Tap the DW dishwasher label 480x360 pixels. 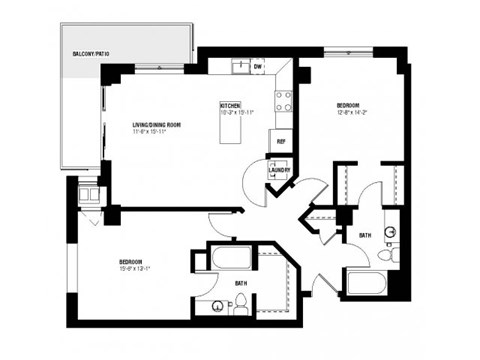(257, 66)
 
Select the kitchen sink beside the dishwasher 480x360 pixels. (240, 67)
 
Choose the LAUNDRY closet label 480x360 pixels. (279, 169)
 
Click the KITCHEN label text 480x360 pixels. (231, 104)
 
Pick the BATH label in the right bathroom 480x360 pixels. (367, 235)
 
